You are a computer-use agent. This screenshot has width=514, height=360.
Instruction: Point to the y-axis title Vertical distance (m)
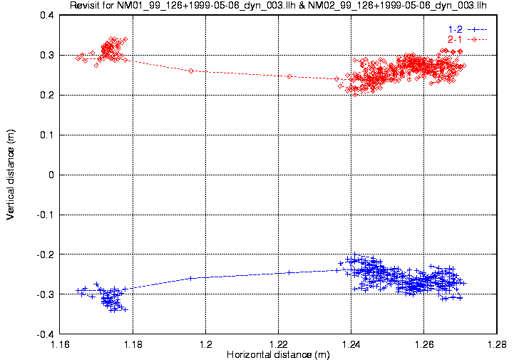11,175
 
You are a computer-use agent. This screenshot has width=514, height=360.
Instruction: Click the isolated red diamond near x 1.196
191,71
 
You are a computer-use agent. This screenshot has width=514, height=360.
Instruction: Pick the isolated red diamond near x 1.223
289,76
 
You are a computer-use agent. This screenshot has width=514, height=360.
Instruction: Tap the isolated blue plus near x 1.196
191,278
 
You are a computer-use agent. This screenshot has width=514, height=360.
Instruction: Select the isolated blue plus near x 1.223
289,272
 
